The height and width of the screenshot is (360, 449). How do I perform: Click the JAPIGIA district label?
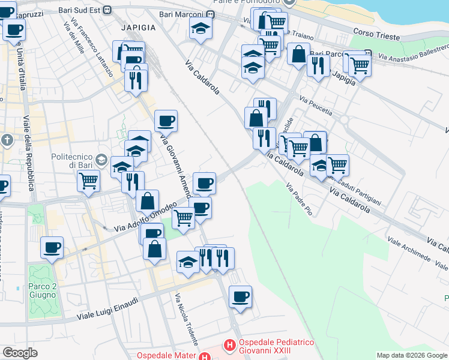click(138, 28)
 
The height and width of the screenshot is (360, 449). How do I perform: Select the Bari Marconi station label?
click(183, 14)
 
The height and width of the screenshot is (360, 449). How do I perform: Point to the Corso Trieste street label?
click(376, 37)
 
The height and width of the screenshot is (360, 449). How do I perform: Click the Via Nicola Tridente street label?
click(186, 319)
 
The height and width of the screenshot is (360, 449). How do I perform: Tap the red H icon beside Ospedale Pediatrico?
click(229, 346)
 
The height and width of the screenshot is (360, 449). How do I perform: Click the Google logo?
click(20, 353)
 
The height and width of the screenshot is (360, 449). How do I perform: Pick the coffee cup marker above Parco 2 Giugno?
click(52, 247)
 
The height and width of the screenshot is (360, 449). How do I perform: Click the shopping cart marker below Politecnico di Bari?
click(88, 180)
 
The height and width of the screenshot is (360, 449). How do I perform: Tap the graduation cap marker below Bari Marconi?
click(200, 28)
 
